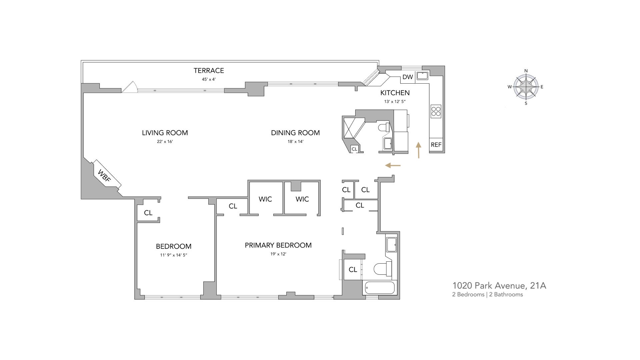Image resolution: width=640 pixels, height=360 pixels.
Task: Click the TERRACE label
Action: click(x=209, y=70)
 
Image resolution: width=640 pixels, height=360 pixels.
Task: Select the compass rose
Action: click(x=526, y=87)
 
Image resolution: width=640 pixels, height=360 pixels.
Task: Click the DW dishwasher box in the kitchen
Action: click(x=407, y=77)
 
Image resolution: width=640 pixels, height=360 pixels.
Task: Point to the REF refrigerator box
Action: click(x=436, y=145)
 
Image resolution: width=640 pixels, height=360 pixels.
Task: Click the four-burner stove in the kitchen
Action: click(x=436, y=111)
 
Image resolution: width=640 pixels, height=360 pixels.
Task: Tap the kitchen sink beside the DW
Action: click(x=422, y=76)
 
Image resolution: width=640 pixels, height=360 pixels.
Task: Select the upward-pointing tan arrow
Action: click(x=419, y=150)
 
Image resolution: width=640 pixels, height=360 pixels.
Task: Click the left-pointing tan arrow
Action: click(x=393, y=165)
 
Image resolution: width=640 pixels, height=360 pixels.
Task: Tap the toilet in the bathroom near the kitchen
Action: click(x=384, y=128)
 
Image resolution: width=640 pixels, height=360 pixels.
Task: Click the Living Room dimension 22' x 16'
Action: click(x=165, y=141)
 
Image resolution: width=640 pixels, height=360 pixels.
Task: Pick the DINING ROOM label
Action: click(x=295, y=133)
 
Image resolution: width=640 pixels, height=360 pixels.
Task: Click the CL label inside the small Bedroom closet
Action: click(x=148, y=213)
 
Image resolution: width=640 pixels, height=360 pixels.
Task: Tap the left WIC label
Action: click(x=265, y=199)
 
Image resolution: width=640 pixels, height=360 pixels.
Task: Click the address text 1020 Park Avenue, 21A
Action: click(x=499, y=286)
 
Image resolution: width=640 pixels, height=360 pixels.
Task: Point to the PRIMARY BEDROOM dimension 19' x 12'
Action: click(x=278, y=254)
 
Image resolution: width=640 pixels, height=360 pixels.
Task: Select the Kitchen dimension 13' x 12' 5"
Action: click(x=395, y=101)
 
